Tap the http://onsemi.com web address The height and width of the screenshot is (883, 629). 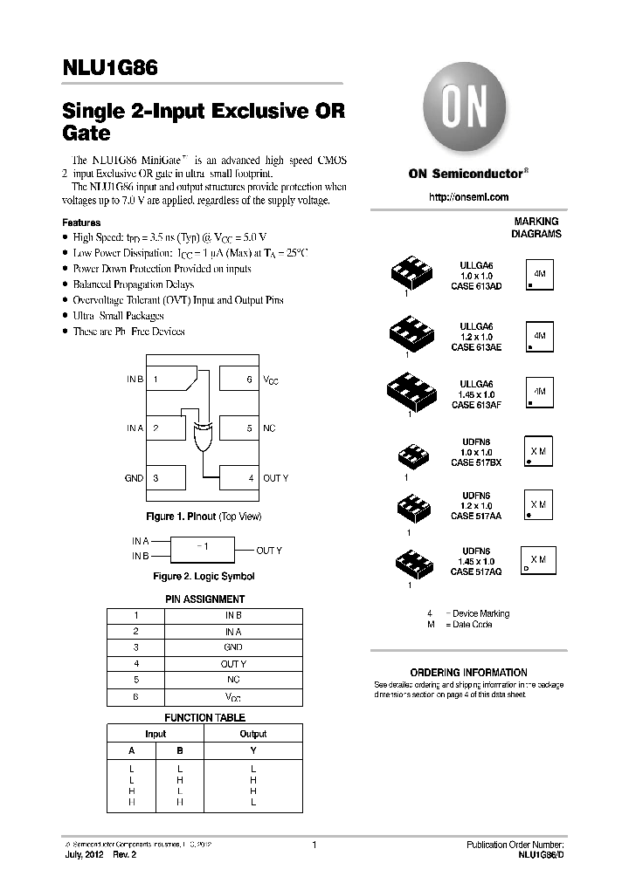click(x=468, y=197)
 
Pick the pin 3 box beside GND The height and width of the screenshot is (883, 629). click(x=167, y=478)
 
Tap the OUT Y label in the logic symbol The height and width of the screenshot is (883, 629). click(x=269, y=551)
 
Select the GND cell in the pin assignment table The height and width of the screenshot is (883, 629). click(x=233, y=647)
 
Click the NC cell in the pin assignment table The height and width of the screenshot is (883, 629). click(x=233, y=681)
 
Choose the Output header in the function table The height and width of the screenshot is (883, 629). click(x=253, y=734)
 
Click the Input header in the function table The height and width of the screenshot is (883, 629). click(x=156, y=734)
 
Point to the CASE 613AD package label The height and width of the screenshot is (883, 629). click(x=476, y=286)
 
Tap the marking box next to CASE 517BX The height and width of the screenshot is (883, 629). click(x=538, y=451)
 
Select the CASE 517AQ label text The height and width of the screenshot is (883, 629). click(x=476, y=572)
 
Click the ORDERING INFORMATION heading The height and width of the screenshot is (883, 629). click(x=469, y=673)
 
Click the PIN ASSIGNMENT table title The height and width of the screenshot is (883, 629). click(x=205, y=599)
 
